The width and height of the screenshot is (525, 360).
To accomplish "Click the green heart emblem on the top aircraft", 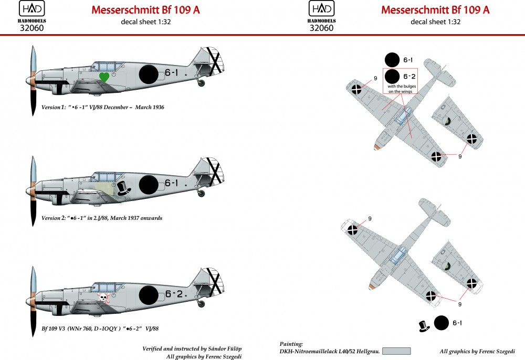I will click(x=104, y=77).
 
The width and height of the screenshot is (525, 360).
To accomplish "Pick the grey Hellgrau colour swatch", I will click(x=396, y=351).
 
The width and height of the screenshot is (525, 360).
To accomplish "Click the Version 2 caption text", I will click(x=101, y=218).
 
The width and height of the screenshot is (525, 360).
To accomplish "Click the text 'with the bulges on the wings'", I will click(x=401, y=89).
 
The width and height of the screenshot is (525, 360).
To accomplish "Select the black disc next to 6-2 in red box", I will click(x=392, y=77).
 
